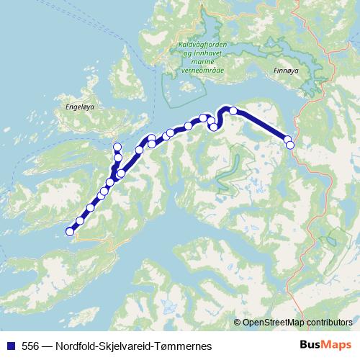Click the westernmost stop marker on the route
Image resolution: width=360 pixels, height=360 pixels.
(70, 231)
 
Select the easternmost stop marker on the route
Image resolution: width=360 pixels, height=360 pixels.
(290, 145)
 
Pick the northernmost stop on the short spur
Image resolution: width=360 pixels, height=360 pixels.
(117, 147)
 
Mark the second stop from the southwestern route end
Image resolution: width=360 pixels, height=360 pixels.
(80, 221)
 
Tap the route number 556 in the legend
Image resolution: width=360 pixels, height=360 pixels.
(30, 345)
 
